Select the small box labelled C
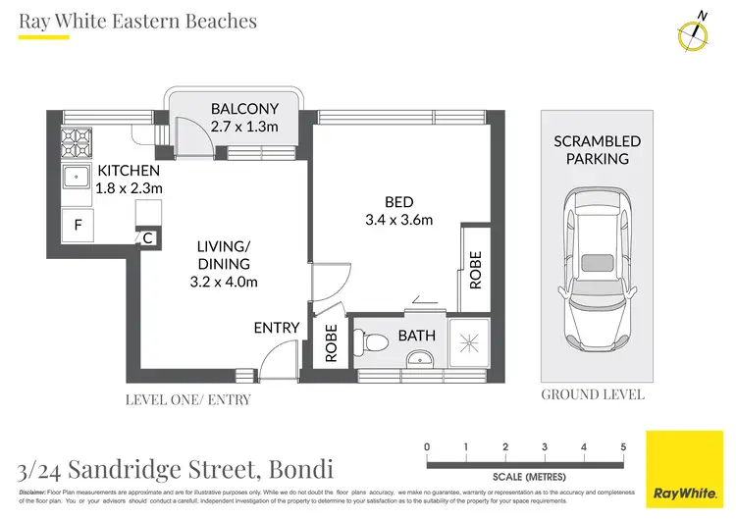point(147,237)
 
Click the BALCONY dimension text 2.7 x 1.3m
point(244,127)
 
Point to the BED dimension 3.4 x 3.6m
point(398,219)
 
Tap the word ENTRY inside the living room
point(276,328)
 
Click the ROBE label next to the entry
point(331,344)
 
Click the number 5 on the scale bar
point(623,447)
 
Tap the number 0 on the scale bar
point(427,447)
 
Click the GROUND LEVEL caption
point(593,394)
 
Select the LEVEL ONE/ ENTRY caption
point(188,399)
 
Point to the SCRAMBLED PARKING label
point(597,149)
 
